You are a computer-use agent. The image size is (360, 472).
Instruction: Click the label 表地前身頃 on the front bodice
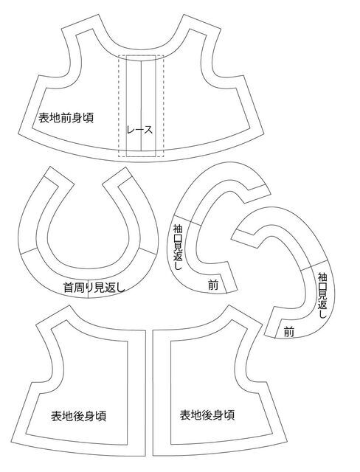(66, 118)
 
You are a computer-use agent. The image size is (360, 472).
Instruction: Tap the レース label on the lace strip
(139, 130)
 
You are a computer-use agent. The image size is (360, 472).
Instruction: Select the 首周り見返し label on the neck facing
(94, 288)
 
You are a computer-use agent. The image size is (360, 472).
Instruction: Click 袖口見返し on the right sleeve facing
(322, 295)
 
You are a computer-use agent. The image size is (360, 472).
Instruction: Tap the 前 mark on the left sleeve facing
(213, 285)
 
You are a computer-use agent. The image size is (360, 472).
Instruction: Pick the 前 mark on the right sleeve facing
(288, 333)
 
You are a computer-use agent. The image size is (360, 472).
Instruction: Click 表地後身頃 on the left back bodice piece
(78, 416)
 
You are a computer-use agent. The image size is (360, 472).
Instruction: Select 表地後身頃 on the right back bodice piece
(207, 414)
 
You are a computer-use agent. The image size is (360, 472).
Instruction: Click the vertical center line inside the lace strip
(141, 105)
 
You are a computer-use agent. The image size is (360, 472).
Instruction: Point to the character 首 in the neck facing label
(69, 288)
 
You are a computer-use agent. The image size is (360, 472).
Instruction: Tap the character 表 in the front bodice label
(44, 118)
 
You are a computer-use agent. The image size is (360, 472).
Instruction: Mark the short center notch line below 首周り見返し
(88, 294)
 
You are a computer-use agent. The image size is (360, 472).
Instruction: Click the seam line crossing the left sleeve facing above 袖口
(187, 220)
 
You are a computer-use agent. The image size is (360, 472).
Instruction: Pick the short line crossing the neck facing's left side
(29, 251)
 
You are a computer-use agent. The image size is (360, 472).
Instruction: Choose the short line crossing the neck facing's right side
(146, 251)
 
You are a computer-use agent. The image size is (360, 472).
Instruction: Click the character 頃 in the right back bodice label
(229, 414)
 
